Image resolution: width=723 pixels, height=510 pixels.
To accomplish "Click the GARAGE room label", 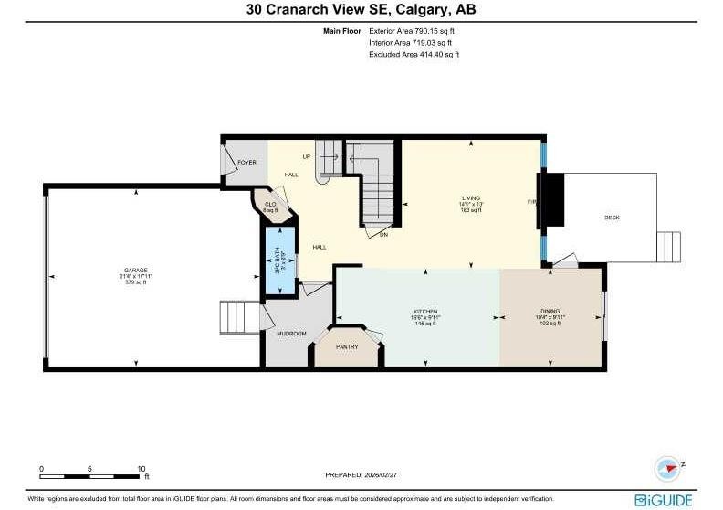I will (135, 271).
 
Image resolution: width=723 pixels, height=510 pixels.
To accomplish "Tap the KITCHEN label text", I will (425, 312).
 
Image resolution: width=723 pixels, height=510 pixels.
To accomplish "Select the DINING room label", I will (551, 312).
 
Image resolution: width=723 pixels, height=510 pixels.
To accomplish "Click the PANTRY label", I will (346, 346).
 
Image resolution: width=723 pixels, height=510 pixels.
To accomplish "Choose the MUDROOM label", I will (291, 334).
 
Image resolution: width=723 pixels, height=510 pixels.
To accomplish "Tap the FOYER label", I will (246, 162).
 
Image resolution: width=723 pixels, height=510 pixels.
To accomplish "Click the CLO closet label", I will (270, 204).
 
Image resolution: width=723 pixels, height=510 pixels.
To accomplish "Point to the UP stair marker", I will (307, 156).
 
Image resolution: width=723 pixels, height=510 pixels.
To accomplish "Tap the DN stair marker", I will (383, 234).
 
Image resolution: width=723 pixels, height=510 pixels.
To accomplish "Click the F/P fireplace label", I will (531, 200).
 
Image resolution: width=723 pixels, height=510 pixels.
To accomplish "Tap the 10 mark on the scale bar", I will (141, 468).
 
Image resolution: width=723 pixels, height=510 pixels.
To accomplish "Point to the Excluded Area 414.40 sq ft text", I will (414, 54).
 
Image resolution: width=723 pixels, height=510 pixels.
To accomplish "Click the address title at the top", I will (361, 10).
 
